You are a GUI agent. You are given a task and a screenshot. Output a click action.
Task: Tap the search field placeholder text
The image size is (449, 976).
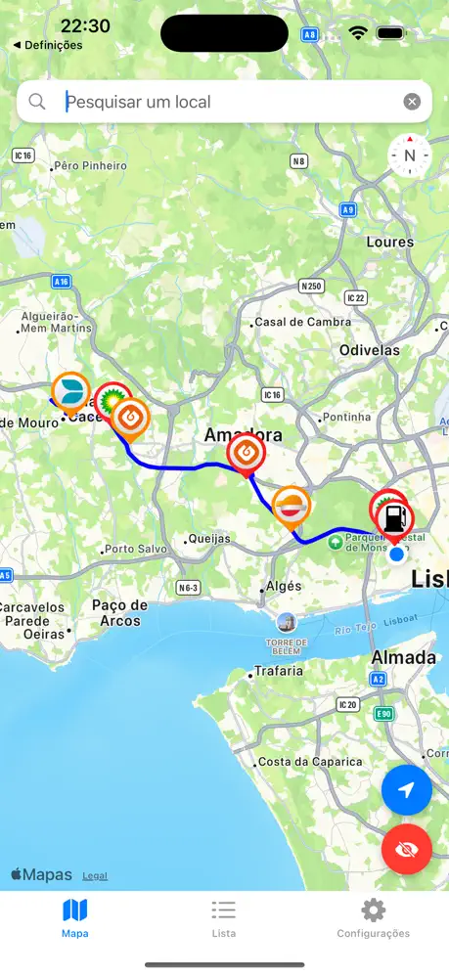pos(138,102)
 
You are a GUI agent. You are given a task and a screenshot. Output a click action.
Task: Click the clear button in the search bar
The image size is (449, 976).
pos(412,102)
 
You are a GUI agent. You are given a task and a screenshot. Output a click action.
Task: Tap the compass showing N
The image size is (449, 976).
pos(409,155)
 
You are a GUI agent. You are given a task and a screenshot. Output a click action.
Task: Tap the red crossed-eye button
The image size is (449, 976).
pos(406,849)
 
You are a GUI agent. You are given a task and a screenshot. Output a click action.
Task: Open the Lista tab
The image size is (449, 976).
pos(224,918)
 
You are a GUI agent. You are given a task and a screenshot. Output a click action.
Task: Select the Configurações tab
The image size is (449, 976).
pos(373,918)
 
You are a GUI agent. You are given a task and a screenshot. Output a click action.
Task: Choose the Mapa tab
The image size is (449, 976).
pos(75,918)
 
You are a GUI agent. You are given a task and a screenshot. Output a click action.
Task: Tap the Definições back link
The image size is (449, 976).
pos(48,45)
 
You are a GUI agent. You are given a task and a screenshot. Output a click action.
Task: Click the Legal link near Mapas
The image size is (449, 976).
pos(95,876)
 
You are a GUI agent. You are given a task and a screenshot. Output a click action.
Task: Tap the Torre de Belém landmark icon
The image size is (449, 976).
pos(287,622)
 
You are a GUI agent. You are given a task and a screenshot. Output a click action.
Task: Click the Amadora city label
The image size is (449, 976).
pos(243,435)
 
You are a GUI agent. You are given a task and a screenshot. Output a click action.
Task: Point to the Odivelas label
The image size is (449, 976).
pos(370,350)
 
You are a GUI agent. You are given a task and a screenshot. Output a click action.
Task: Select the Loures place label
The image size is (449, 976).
pos(390,242)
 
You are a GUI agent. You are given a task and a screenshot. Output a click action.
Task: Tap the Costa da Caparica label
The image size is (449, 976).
pos(311,762)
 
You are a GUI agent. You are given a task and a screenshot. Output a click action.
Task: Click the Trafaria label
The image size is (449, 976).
pos(279,672)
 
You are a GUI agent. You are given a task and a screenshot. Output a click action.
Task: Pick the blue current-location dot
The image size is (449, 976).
pos(396,555)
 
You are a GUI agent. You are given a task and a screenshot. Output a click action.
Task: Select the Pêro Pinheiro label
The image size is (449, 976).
pos(91,166)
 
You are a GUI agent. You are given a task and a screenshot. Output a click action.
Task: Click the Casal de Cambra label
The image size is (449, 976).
pos(302,322)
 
